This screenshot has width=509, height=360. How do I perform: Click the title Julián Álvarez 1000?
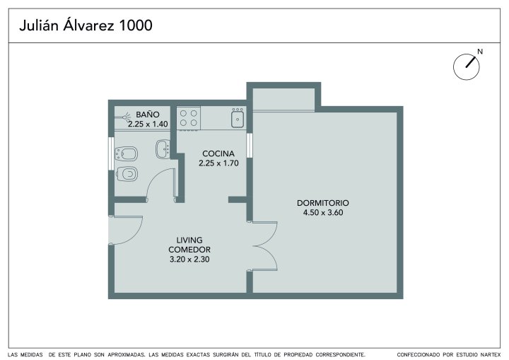86,25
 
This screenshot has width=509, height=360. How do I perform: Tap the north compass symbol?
466,67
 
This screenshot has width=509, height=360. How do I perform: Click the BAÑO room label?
148,115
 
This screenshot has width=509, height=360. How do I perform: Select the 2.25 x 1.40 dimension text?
148,124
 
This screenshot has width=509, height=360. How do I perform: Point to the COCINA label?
218,153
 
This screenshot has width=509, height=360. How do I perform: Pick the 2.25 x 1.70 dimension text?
218,163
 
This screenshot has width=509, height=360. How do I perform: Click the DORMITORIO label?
322,203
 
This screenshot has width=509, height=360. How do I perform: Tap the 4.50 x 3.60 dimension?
322,213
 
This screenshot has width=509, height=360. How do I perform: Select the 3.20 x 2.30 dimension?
189,260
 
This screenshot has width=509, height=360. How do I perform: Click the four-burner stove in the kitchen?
189,118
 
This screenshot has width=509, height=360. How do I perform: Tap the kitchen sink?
238,118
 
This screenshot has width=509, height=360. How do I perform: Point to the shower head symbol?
125,116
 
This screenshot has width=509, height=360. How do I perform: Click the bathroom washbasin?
163,149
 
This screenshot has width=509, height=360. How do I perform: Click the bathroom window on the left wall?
111,153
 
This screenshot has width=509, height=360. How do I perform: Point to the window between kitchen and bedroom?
250,145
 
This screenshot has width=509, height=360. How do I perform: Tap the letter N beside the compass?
480,52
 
